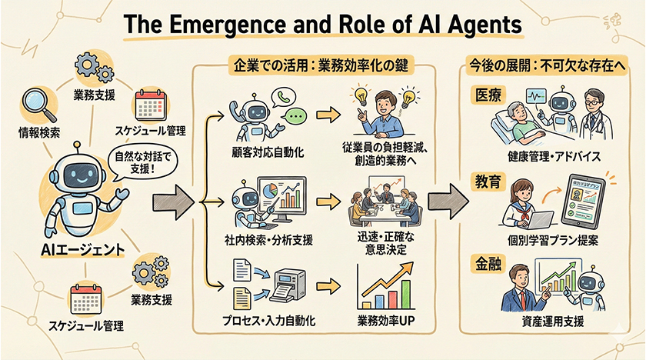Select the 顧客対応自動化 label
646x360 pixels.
tap(267, 152)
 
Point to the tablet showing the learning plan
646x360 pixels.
tap(586, 201)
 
